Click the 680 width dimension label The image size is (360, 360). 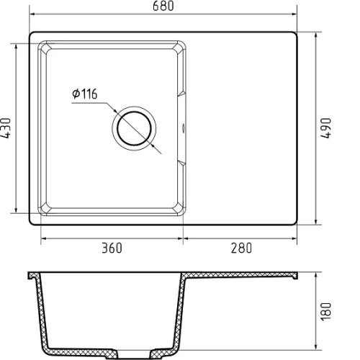(163, 6)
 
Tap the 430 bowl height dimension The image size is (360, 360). (6, 128)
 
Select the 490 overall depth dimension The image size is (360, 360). (325, 128)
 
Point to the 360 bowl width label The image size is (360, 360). (112, 248)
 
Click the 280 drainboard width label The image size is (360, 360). (241, 248)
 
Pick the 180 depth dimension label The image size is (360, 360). (326, 312)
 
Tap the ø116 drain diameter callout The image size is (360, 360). (85, 94)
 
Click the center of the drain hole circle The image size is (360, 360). (134, 128)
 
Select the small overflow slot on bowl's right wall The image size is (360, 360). (184, 128)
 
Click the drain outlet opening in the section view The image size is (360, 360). (134, 354)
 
